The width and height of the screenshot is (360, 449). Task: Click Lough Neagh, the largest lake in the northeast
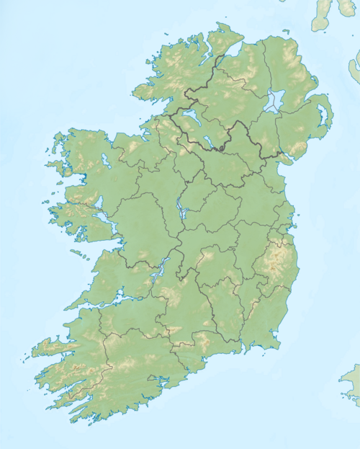[274, 102]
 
